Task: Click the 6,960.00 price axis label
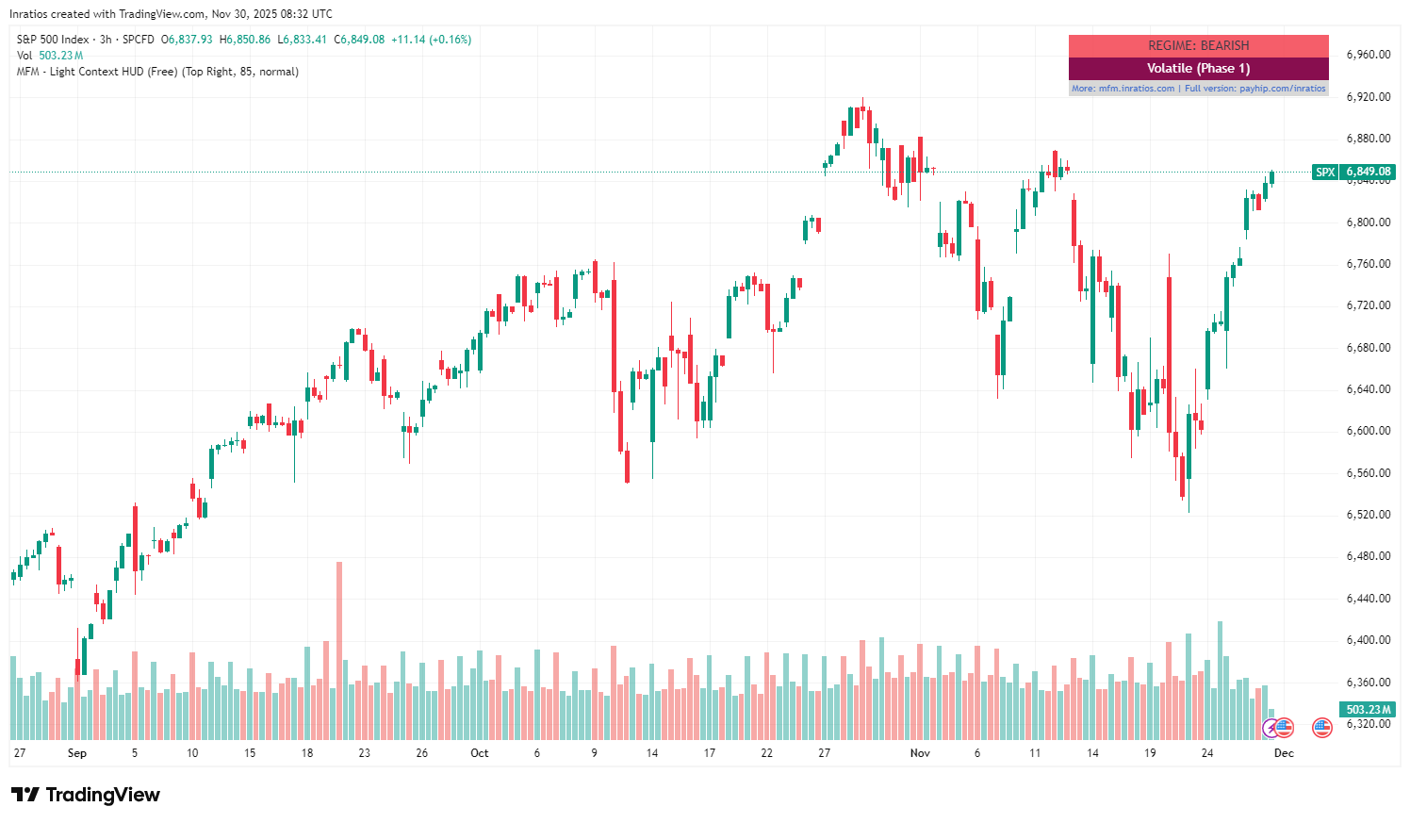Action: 1368,55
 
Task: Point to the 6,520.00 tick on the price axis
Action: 1368,515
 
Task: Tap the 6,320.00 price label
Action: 1368,724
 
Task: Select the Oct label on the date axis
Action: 480,753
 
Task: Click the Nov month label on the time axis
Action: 920,753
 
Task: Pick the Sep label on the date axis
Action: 77,753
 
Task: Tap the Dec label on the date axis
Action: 1284,753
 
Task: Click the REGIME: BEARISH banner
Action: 1198,45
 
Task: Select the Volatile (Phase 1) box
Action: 1198,68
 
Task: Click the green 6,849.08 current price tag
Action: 1369,172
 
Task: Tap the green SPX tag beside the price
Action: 1325,172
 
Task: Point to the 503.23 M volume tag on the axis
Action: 1369,709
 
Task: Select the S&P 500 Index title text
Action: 53,40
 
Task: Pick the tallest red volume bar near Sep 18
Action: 339,650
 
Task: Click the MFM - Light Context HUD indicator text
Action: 157,72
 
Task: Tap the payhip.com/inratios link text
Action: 1282,89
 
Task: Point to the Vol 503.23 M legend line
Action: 50,56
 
